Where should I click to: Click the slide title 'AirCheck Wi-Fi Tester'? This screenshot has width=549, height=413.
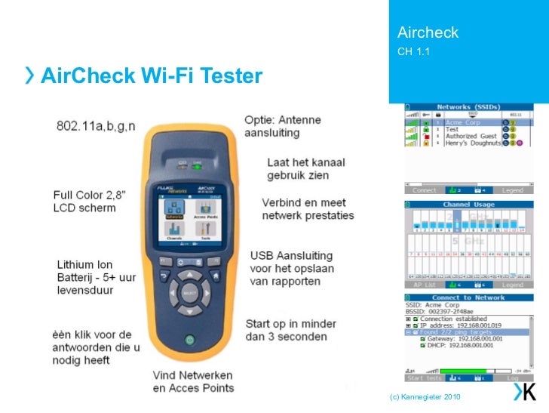pos(151,76)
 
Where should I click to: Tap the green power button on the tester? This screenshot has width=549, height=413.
pos(190,340)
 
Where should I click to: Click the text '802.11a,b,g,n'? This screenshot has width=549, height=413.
pos(96,125)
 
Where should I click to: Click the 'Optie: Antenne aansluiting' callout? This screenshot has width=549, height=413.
pos(282,126)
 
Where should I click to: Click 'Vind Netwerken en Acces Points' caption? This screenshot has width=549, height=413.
pos(194,381)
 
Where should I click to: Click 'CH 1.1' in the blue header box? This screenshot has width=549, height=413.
pos(413,51)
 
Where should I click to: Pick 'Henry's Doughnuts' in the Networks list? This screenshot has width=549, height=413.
pos(472,143)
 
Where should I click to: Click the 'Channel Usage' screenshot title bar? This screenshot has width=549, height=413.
pos(468,204)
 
